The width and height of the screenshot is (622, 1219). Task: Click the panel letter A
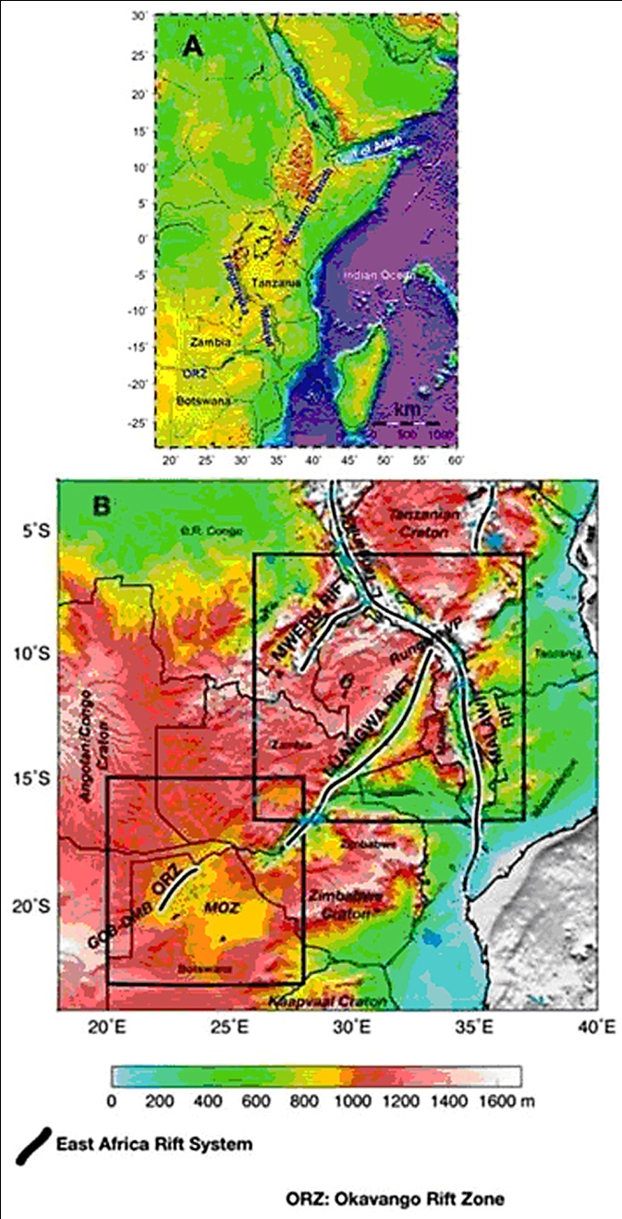click(192, 46)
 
